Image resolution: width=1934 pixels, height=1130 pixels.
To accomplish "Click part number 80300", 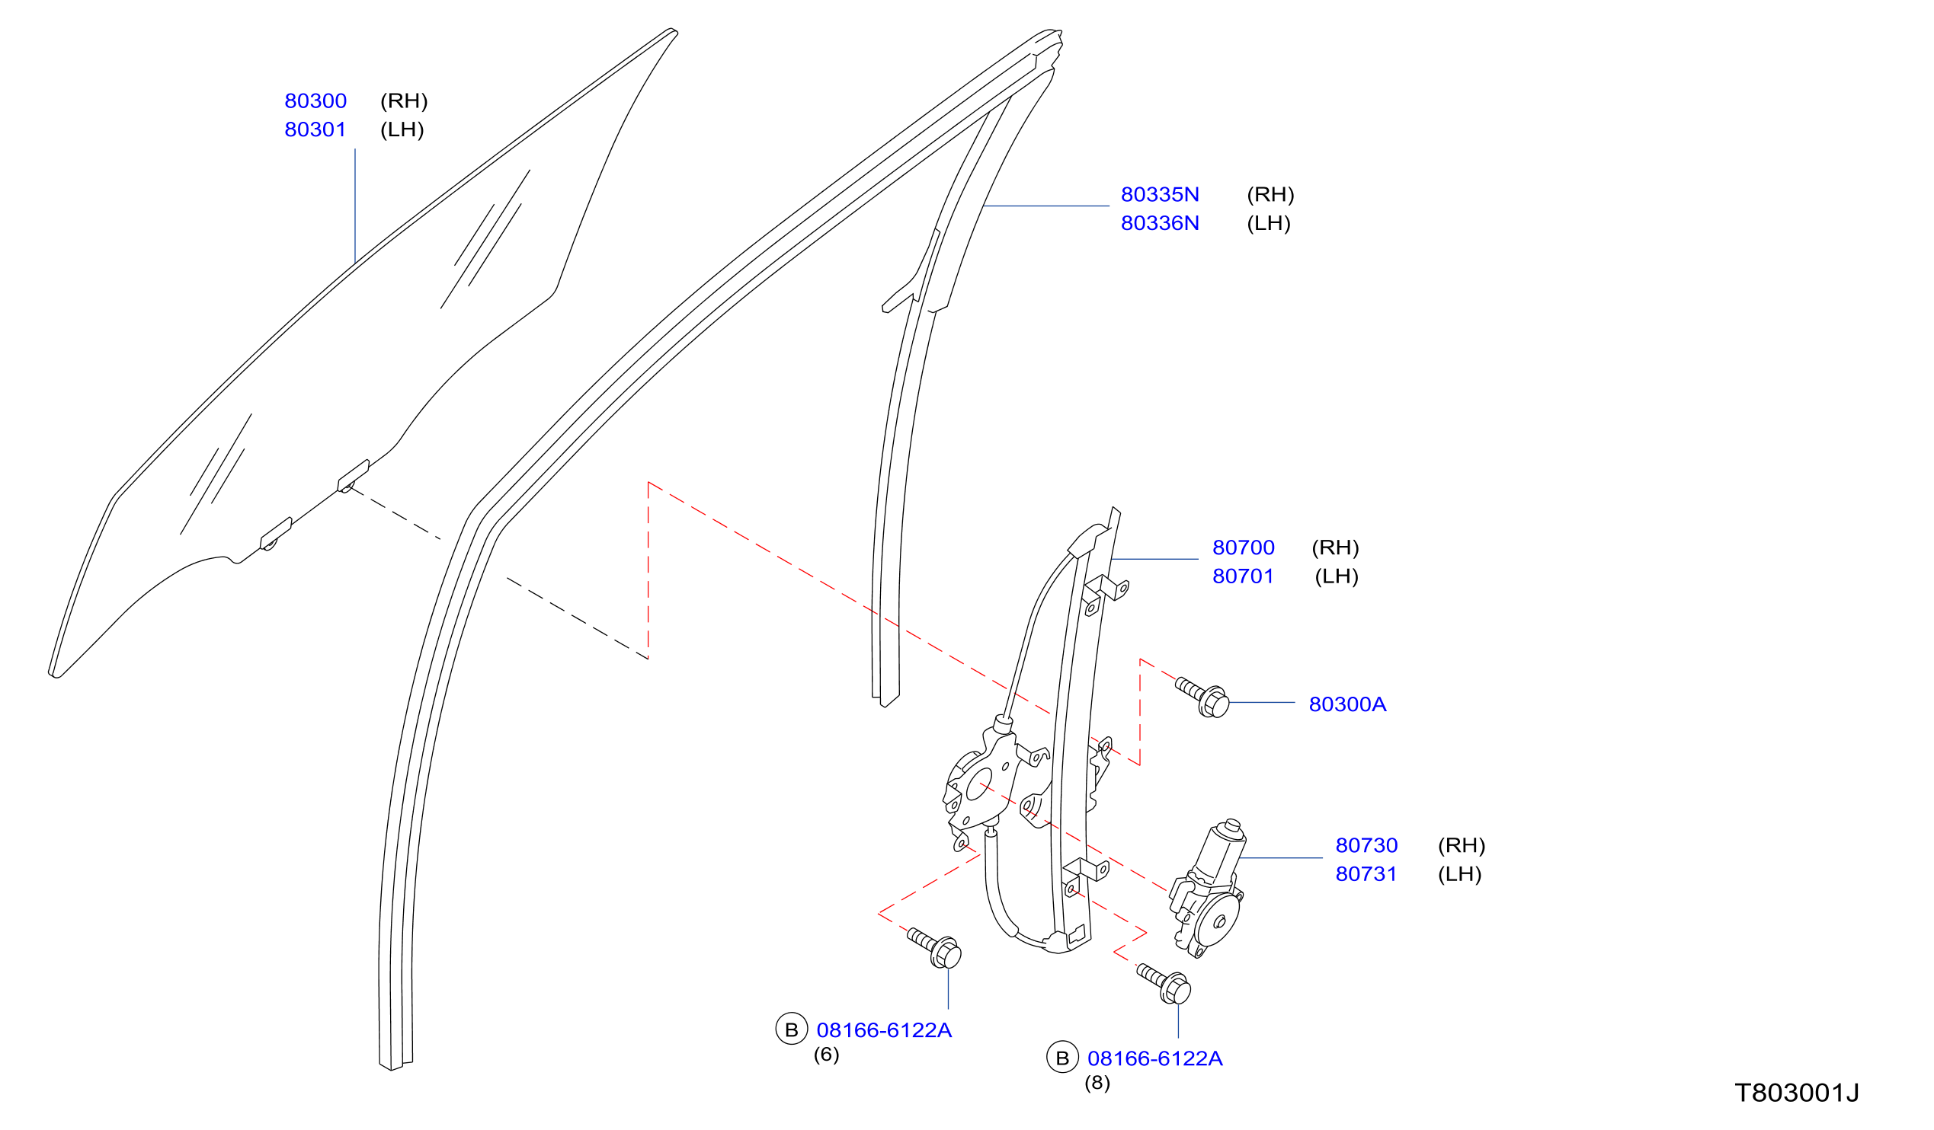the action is (x=315, y=101).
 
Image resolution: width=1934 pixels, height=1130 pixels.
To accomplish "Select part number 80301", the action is (x=315, y=129).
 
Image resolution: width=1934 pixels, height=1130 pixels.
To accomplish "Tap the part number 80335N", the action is (x=1160, y=195).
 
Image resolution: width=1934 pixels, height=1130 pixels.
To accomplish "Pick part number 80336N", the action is (x=1160, y=223).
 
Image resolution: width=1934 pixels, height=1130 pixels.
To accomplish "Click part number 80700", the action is (x=1244, y=547).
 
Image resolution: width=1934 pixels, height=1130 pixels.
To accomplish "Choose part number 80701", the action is (x=1244, y=576).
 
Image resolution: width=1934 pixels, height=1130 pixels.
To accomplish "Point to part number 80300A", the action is (x=1348, y=704).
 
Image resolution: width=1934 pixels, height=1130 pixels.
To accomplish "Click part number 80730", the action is (x=1367, y=845).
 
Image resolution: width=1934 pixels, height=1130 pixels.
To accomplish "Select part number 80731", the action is (x=1367, y=874).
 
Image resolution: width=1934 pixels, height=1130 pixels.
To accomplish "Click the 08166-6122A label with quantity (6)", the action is (x=884, y=1030).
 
